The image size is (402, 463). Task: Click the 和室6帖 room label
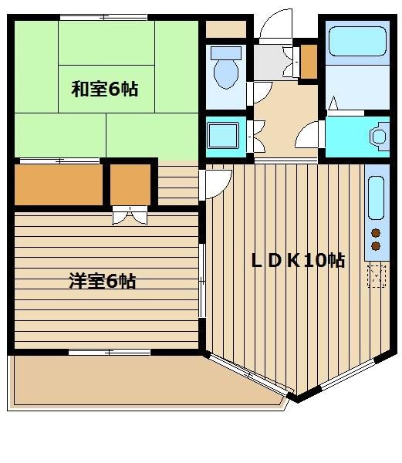104,89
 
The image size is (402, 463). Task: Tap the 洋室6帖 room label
103,281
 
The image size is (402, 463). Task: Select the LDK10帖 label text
298,260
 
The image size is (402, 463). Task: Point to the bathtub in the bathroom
357,41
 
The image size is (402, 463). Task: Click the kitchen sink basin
377,198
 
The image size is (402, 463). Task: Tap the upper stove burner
376,233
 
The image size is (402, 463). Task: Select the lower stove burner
376,245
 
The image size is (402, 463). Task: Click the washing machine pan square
222,136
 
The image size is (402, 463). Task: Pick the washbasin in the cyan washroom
379,137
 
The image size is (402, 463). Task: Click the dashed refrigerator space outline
377,275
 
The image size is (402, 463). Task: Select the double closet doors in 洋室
130,215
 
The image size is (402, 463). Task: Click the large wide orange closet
59,185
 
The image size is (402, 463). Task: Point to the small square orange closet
130,185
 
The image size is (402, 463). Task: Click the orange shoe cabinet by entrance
309,62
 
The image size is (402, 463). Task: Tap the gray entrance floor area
268,63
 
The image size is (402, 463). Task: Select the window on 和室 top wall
103,18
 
